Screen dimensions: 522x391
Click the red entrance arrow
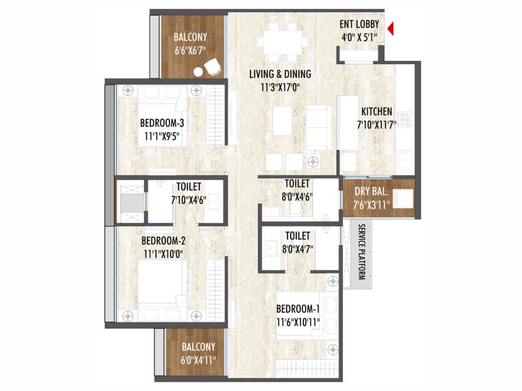tap(391, 29)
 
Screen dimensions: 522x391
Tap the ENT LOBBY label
tap(359, 24)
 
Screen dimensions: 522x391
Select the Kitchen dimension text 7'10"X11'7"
tap(377, 125)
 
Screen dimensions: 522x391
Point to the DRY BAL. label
tap(371, 191)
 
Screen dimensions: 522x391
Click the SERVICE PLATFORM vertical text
tap(361, 252)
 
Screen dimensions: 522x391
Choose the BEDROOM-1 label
tap(298, 309)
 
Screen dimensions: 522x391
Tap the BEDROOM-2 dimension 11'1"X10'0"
tap(164, 255)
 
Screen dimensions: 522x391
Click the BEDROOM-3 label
tap(162, 123)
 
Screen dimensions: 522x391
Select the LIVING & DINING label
tap(280, 74)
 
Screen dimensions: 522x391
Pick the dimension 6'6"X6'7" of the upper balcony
tap(191, 50)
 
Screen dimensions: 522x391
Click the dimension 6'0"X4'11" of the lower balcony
tap(198, 360)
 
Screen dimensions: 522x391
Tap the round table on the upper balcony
tap(198, 71)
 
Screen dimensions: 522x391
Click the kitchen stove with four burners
tap(405, 120)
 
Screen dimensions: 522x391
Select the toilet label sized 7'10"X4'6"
tap(189, 187)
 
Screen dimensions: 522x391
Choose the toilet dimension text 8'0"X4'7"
tap(298, 249)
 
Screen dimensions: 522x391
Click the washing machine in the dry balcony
tap(403, 199)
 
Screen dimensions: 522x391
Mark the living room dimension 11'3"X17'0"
tap(280, 88)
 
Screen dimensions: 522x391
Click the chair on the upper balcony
tap(213, 66)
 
